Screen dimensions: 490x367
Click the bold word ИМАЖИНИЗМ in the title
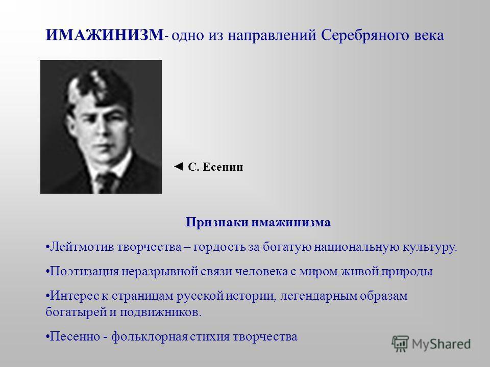coord(105,35)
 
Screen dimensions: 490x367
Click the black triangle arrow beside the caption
coord(178,166)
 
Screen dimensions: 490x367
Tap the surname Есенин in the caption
coord(223,167)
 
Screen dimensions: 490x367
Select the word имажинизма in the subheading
coord(291,223)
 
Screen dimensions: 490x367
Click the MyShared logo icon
coord(400,344)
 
